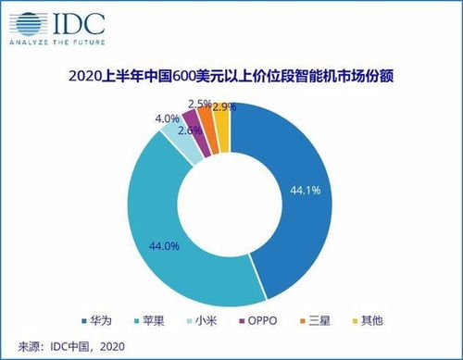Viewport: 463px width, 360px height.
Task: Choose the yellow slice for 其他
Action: pos(222,115)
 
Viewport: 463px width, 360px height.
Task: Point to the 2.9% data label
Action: pos(224,108)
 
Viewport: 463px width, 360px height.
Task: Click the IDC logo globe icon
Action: pos(22,20)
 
